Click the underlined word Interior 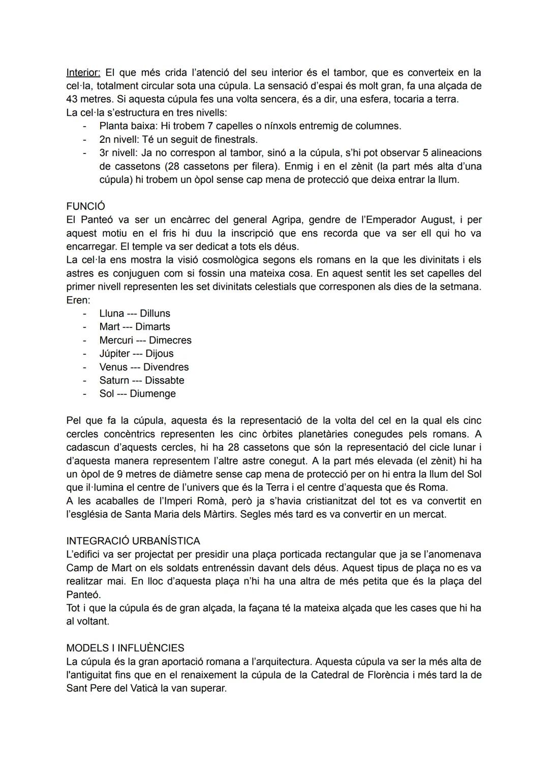[x=82, y=73]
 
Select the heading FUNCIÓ [x=86, y=206]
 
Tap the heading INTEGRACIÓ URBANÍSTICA [x=133, y=541]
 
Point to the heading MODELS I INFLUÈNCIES [x=125, y=648]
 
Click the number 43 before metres [x=73, y=99]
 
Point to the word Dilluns [x=155, y=314]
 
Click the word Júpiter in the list [x=114, y=354]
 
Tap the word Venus [x=113, y=367]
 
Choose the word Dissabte [x=164, y=380]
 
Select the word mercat [x=429, y=514]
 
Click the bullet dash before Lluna [x=85, y=314]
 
